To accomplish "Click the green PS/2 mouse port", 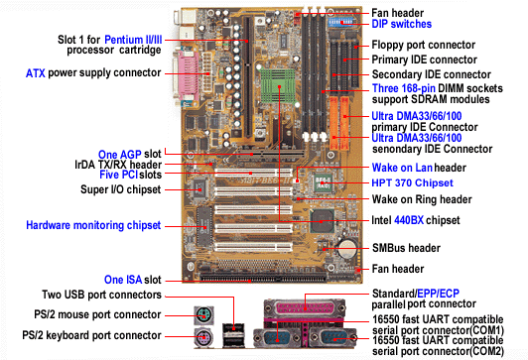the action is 203,315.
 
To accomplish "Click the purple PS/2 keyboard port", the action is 203,336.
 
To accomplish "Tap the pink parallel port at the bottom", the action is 305,307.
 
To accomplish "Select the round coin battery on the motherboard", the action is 347,248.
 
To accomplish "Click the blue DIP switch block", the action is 340,22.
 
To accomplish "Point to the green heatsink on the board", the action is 278,86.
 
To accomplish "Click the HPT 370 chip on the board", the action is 323,183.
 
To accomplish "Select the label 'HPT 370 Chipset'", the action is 412,182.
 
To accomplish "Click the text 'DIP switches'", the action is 401,24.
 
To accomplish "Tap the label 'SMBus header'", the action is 406,248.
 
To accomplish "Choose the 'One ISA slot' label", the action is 133,280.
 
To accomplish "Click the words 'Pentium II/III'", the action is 133,40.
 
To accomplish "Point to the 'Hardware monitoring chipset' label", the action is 93,225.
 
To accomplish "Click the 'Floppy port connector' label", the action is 423,45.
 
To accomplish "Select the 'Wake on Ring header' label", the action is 422,199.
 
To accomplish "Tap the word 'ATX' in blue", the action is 36,73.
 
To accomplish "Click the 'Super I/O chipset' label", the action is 120,189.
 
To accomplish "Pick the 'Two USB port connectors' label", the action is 101,295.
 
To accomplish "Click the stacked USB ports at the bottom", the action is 233,335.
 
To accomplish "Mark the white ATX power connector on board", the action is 206,69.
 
